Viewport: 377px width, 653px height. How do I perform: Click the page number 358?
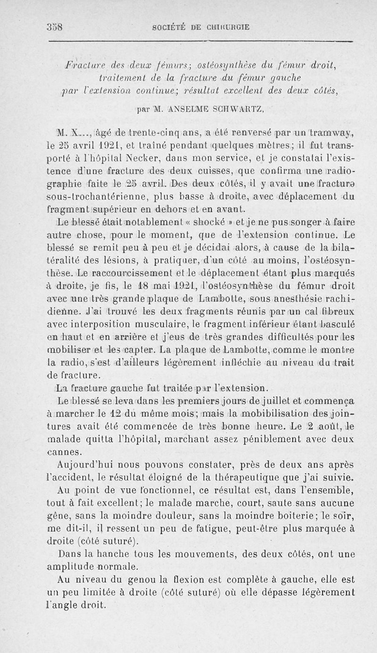56,27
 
